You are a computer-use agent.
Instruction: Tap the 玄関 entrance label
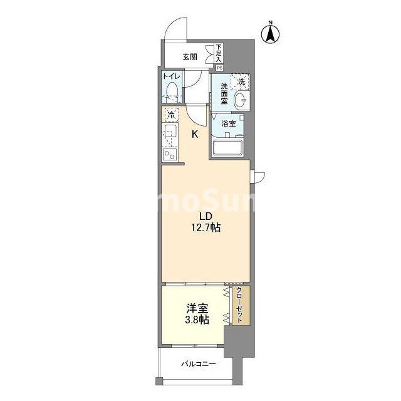coord(190,56)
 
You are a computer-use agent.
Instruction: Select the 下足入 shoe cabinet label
coord(218,52)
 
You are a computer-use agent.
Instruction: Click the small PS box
coord(219,67)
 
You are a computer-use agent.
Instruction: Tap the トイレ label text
coord(172,76)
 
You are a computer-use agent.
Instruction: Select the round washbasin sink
coord(239,100)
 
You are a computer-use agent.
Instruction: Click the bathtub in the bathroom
coord(229,147)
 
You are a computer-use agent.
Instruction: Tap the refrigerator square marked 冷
coord(171,115)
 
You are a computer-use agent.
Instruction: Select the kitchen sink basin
coord(170,132)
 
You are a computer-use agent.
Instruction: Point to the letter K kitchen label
coord(195,133)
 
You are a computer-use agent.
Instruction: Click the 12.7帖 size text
coord(207,228)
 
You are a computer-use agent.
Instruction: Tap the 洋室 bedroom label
coord(197,308)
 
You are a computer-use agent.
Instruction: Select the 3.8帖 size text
coord(197,320)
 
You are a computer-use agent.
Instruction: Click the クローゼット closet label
coord(239,305)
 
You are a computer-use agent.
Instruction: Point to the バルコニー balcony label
coord(199,363)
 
